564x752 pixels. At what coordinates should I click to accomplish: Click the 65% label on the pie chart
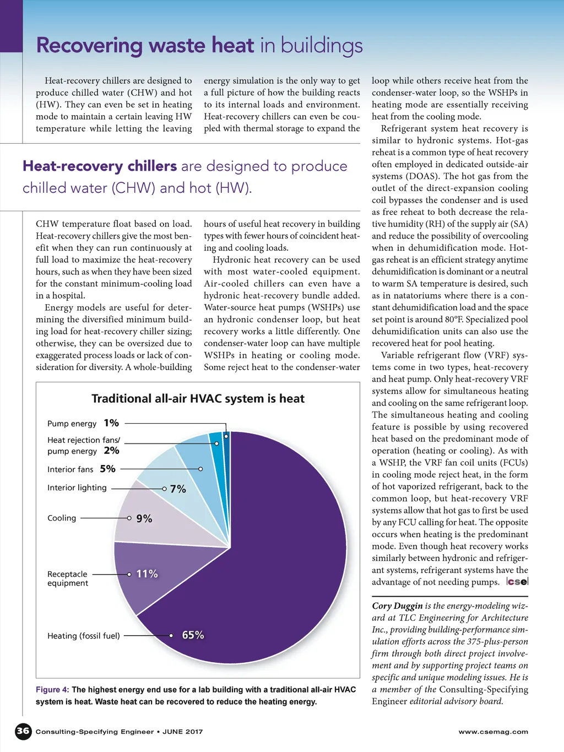point(193,635)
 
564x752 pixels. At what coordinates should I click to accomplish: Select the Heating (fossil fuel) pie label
point(83,636)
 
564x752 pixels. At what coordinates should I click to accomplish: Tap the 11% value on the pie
point(147,574)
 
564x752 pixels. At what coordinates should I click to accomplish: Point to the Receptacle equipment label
point(67,578)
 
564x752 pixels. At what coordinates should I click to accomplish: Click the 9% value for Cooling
point(144,518)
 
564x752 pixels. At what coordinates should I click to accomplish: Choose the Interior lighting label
point(77,488)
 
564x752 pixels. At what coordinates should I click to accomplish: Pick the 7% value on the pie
point(178,489)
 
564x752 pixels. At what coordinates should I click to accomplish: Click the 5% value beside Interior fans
point(108,469)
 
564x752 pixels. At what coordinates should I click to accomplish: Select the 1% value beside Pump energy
point(111,423)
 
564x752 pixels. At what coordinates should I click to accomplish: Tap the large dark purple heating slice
point(264,578)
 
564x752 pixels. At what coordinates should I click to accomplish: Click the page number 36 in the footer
point(23,731)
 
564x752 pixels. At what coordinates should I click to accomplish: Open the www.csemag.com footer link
point(493,732)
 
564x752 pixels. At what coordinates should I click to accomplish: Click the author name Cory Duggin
point(397,606)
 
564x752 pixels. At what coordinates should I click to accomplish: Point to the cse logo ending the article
point(517,582)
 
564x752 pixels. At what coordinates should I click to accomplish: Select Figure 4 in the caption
point(52,690)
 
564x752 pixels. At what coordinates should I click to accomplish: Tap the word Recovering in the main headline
point(89,46)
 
